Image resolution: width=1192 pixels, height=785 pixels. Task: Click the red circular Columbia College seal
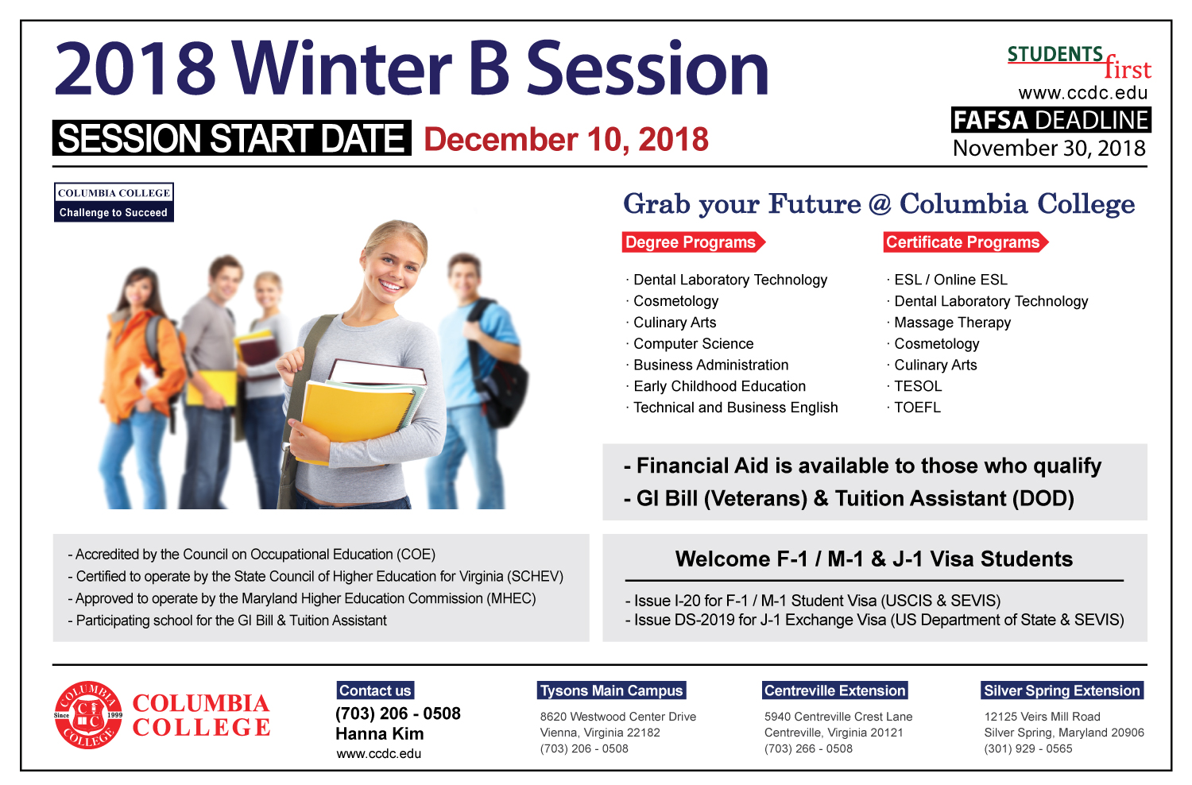[x=88, y=715]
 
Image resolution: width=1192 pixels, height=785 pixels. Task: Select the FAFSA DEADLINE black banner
[x=1051, y=120]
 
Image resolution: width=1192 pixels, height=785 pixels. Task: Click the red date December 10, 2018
[x=566, y=139]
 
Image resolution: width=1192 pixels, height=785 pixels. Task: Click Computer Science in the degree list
[x=693, y=344]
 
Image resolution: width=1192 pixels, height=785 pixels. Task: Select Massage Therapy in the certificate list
[x=952, y=323]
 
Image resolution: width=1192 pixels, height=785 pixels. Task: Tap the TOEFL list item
[x=917, y=408]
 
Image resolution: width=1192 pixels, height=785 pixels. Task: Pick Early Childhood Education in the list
[x=719, y=386]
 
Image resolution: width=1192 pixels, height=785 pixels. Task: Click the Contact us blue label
[x=375, y=690]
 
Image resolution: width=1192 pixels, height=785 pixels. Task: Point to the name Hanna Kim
[x=379, y=734]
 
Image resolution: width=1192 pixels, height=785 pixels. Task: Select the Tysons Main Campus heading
[x=611, y=690]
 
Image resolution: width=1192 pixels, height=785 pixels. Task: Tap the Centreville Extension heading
[x=835, y=690]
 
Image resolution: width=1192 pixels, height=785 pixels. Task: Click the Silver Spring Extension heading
[x=1062, y=690]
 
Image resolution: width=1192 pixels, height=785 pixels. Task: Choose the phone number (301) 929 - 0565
[x=1028, y=748]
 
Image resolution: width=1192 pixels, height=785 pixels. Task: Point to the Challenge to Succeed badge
[x=114, y=203]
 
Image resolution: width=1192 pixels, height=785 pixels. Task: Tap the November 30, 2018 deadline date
[x=1049, y=148]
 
